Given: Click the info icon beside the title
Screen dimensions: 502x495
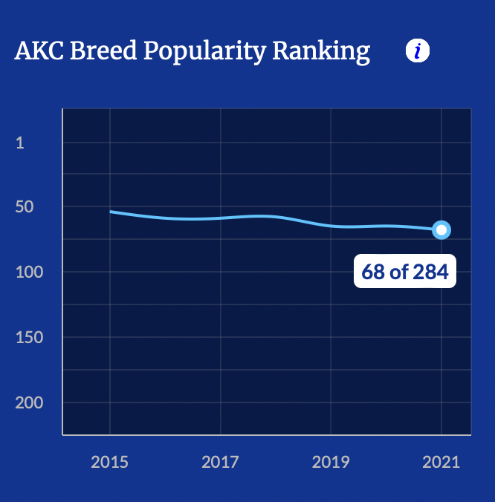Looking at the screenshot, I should [x=418, y=50].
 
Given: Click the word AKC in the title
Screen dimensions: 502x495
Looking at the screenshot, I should [x=38, y=50].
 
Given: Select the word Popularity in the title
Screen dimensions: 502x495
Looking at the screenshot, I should [x=204, y=51].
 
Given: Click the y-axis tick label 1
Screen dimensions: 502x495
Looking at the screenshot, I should [x=20, y=143].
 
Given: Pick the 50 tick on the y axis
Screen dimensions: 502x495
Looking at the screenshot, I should [x=25, y=206].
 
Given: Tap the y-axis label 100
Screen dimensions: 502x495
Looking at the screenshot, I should [x=29, y=272].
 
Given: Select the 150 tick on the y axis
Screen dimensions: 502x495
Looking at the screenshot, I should [x=29, y=337].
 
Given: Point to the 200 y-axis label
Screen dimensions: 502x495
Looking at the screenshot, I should [x=29, y=402].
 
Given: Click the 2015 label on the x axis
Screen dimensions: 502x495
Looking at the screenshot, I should [x=109, y=462].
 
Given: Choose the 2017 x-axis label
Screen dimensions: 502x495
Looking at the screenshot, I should [x=220, y=462].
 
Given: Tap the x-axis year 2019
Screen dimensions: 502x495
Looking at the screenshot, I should [x=331, y=462].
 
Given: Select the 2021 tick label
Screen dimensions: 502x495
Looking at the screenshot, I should [x=441, y=462].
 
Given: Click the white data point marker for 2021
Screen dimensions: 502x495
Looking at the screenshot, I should [x=441, y=230].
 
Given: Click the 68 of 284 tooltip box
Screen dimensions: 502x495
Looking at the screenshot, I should [x=405, y=272].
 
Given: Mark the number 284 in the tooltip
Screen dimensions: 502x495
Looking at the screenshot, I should [x=431, y=272].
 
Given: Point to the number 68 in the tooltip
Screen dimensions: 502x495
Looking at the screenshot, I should [x=373, y=272].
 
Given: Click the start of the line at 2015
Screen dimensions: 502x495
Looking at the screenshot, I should [x=111, y=212].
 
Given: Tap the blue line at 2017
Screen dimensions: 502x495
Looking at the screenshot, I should [x=220, y=218].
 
